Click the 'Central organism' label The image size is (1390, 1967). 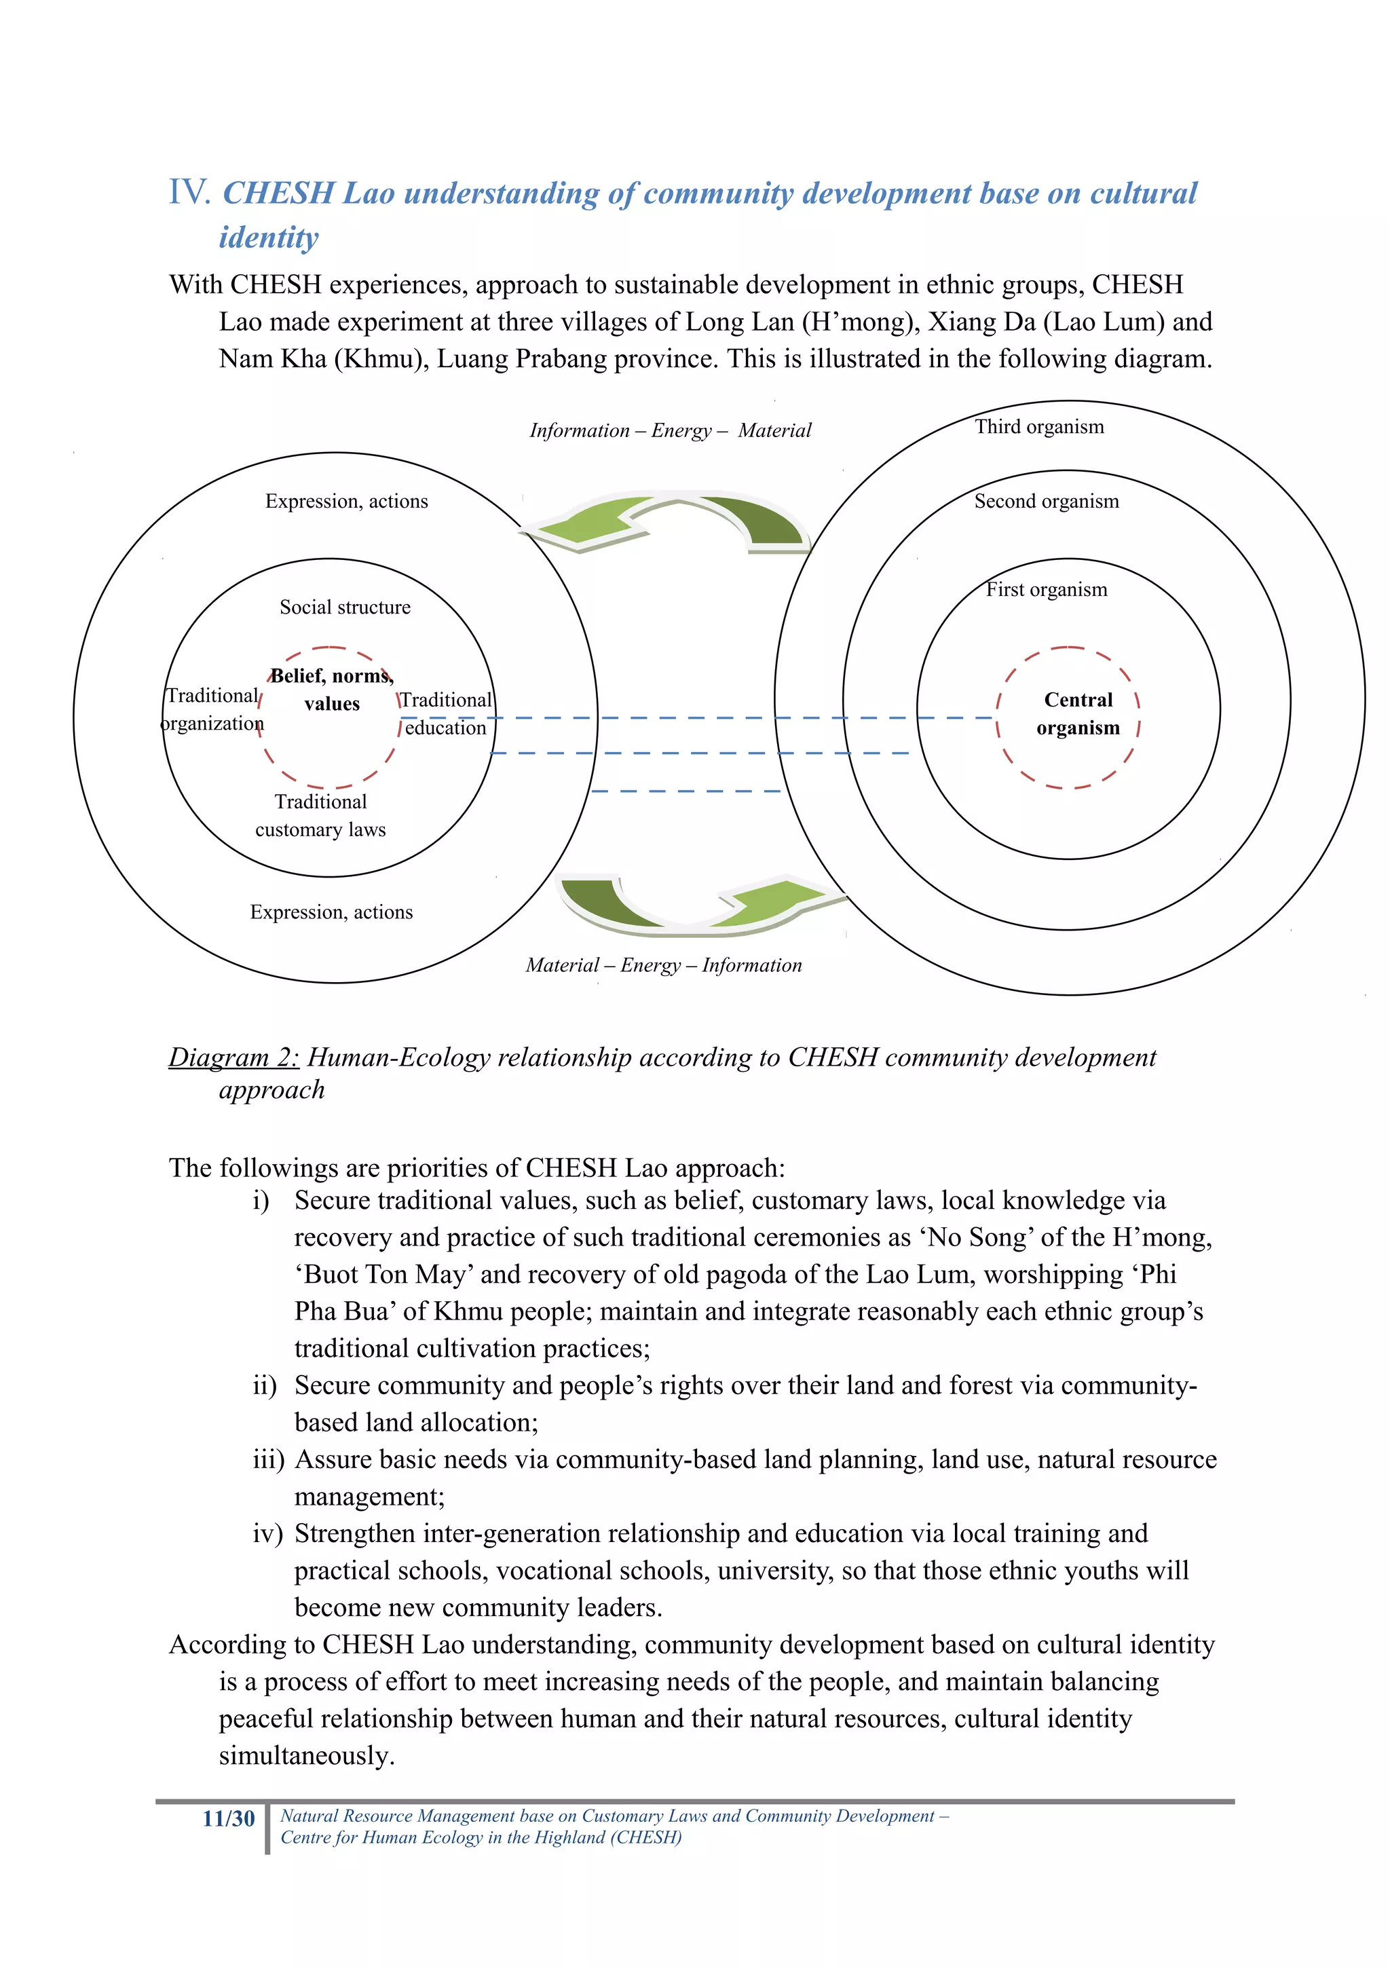1077,713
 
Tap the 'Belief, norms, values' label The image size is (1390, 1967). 331,690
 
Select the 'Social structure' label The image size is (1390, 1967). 345,607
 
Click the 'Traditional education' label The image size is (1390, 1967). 445,713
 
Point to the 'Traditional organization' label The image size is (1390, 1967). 212,709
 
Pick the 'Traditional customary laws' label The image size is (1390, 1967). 320,816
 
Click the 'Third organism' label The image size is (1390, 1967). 1039,427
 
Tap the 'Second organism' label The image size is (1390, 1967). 1046,501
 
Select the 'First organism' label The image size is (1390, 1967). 1046,589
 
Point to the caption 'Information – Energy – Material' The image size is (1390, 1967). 670,430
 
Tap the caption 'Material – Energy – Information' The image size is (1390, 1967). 664,965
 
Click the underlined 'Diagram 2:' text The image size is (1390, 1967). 233,1057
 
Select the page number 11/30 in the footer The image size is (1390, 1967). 228,1819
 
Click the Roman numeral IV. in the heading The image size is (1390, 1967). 189,192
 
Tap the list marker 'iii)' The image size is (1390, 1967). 267,1460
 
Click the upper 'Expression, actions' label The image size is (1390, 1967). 346,501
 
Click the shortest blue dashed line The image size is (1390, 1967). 685,791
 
